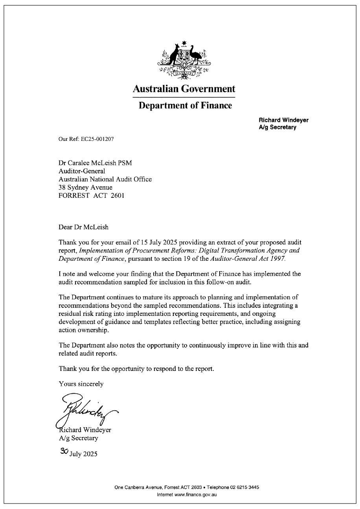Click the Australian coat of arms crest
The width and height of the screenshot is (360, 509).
tap(184, 60)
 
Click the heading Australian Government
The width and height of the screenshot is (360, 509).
tap(184, 89)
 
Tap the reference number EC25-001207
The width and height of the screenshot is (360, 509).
tap(97, 139)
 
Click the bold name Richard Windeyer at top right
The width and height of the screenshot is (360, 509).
tap(283, 120)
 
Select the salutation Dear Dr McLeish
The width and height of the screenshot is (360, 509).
tap(83, 227)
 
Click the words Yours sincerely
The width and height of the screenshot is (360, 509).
tap(81, 384)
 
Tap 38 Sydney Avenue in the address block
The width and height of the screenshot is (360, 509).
tap(85, 188)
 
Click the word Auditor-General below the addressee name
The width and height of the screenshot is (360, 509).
tap(82, 171)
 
